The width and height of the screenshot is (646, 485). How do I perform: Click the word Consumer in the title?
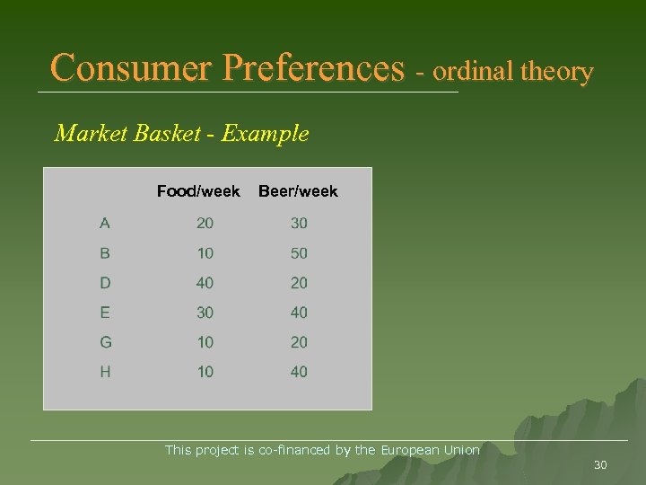point(132,68)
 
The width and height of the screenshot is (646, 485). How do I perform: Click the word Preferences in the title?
point(313,68)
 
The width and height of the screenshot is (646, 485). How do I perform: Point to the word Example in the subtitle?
point(265,134)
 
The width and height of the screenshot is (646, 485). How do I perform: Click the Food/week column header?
point(198,191)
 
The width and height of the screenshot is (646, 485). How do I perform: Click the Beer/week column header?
point(298,191)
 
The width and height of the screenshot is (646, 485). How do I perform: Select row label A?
point(105,223)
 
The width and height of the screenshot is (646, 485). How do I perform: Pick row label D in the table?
point(105,283)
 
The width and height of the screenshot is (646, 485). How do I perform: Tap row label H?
point(105,372)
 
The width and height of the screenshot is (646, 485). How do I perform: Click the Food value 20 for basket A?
point(205,224)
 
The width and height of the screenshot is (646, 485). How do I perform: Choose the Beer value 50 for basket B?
point(299,253)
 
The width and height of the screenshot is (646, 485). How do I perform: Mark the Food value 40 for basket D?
point(205,283)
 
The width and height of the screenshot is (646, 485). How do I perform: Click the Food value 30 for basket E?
point(205,313)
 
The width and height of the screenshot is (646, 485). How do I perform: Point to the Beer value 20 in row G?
point(299,342)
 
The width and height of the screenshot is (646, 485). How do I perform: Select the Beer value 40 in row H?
point(299,372)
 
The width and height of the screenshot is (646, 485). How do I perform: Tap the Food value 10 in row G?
point(205,342)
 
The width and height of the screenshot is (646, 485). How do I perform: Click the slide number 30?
point(600,465)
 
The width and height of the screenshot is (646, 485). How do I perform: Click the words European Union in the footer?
point(431,450)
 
